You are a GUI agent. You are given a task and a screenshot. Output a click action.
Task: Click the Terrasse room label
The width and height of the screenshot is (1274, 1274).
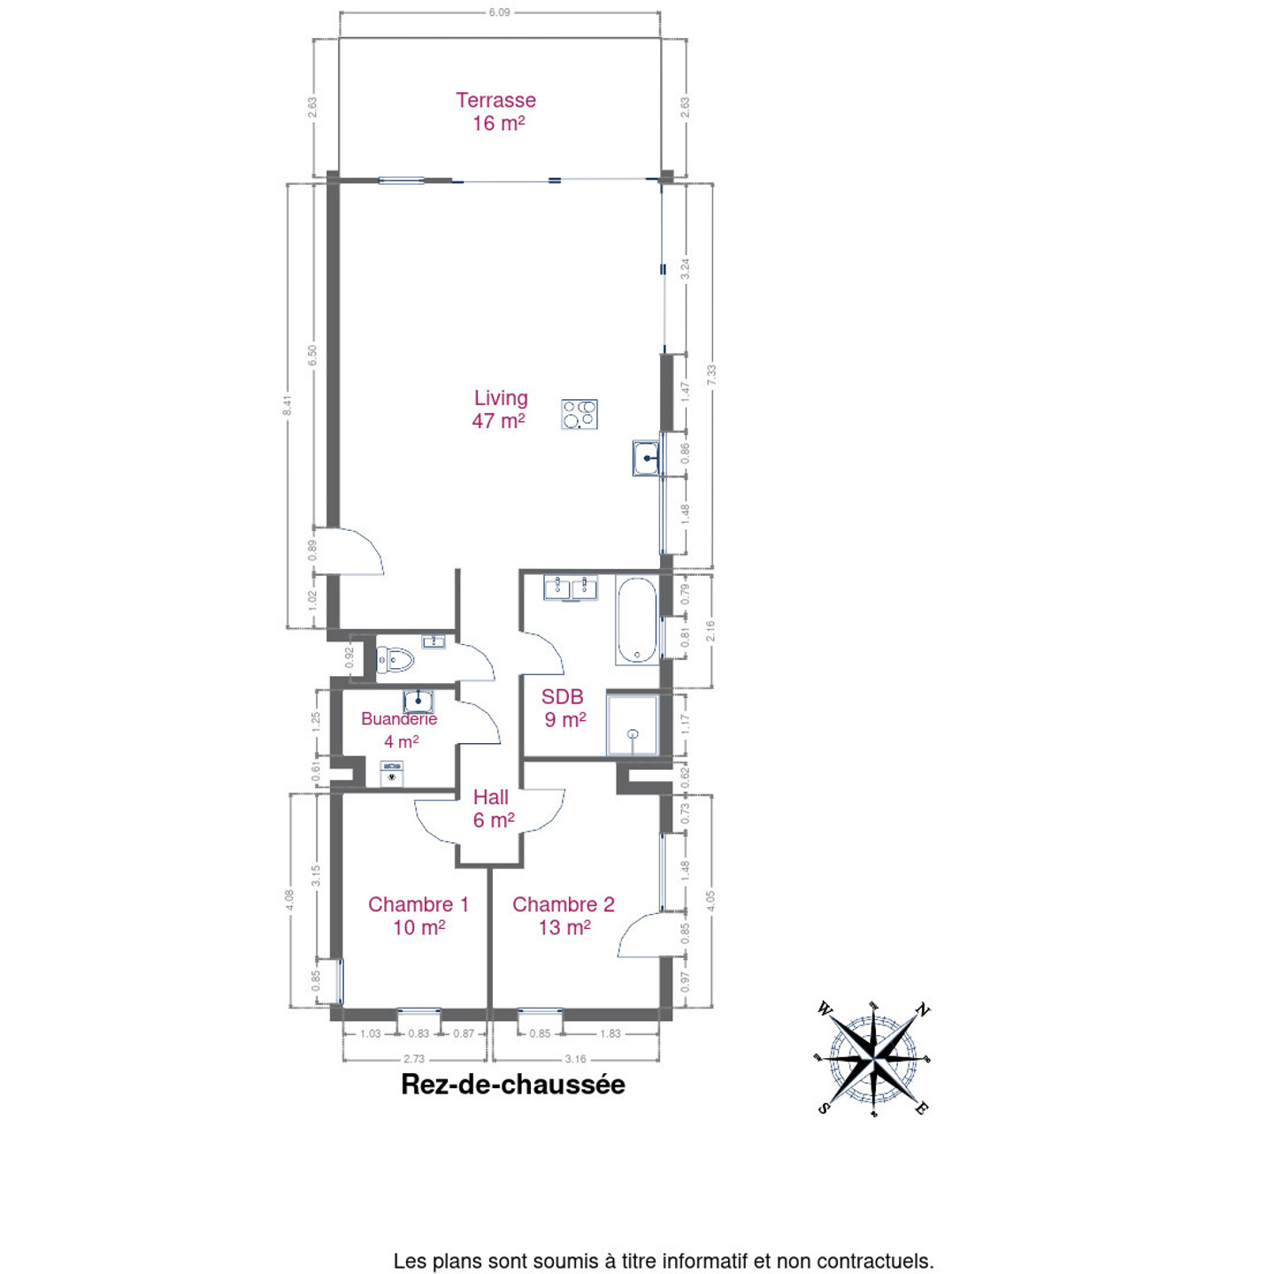click(495, 100)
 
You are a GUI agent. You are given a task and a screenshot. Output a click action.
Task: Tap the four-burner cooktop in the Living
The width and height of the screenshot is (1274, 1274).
click(579, 415)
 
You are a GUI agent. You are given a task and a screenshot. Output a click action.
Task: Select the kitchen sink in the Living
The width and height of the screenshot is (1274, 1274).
click(645, 457)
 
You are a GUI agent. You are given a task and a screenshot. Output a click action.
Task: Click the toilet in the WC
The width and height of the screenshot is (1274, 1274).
click(394, 659)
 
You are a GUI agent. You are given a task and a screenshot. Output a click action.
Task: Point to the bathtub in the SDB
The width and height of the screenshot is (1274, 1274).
click(637, 619)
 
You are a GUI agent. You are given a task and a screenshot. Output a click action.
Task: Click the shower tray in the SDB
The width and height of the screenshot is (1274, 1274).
click(632, 724)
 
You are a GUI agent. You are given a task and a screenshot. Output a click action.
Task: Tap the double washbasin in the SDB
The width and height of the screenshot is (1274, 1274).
click(571, 587)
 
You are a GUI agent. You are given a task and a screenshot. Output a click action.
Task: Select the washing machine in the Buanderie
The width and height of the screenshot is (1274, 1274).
click(392, 774)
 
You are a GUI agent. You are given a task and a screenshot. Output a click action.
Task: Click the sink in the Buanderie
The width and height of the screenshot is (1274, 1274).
click(418, 701)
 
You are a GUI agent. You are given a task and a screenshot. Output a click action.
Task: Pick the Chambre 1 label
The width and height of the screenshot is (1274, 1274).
click(418, 904)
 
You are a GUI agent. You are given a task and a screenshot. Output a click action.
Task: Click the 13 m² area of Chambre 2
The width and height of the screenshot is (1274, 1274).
click(564, 927)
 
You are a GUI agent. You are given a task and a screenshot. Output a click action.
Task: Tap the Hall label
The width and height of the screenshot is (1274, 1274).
click(490, 797)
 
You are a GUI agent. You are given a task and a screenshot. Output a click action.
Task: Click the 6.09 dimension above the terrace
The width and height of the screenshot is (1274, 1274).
click(499, 12)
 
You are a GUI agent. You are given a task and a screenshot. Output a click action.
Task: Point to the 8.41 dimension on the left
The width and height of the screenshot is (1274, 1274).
click(287, 405)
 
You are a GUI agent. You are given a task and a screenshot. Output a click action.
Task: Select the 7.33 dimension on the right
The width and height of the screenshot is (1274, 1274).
click(711, 375)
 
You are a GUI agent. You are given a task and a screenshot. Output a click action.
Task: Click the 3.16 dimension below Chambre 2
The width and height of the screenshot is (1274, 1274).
click(575, 1058)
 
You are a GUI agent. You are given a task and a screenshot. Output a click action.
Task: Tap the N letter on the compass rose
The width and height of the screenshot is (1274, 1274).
click(923, 1009)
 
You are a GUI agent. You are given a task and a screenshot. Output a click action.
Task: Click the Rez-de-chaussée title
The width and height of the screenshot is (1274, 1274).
click(513, 1085)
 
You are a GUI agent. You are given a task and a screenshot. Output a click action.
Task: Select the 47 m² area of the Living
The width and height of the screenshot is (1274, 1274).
click(498, 420)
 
